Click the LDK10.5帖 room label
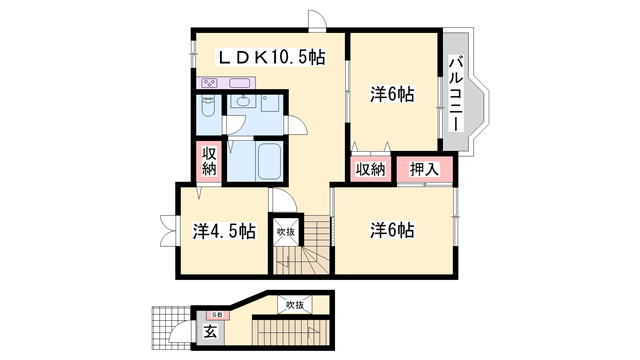(x=272, y=57)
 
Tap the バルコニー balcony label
(x=455, y=94)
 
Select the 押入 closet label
(x=424, y=169)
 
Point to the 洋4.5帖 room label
(x=224, y=231)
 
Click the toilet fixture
(x=209, y=108)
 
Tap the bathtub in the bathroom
(x=269, y=161)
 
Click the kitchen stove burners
(x=209, y=83)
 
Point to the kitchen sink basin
(x=239, y=83)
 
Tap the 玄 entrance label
(x=211, y=332)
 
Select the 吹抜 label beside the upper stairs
(x=286, y=232)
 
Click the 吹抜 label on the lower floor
(x=295, y=304)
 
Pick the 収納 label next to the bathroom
(x=209, y=161)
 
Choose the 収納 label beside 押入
(x=371, y=169)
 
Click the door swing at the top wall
(x=317, y=20)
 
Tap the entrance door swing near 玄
(x=182, y=331)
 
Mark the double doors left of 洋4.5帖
(x=169, y=231)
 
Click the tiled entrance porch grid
(x=171, y=328)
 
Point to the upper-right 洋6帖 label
(x=392, y=94)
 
